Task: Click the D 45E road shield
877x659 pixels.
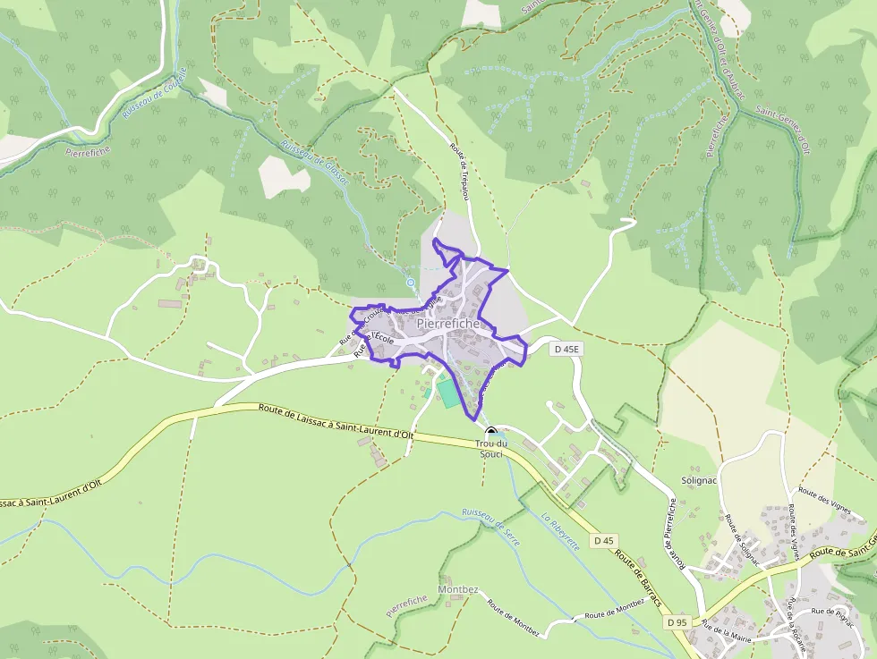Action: tap(566, 350)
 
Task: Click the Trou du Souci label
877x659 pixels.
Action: tap(491, 449)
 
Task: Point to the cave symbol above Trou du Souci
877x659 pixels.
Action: tap(490, 431)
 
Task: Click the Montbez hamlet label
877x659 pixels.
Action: tap(458, 590)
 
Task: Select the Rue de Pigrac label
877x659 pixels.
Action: tap(833, 613)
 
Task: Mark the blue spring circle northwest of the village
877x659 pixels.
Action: tap(411, 283)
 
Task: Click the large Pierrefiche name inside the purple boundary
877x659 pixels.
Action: tap(448, 324)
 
